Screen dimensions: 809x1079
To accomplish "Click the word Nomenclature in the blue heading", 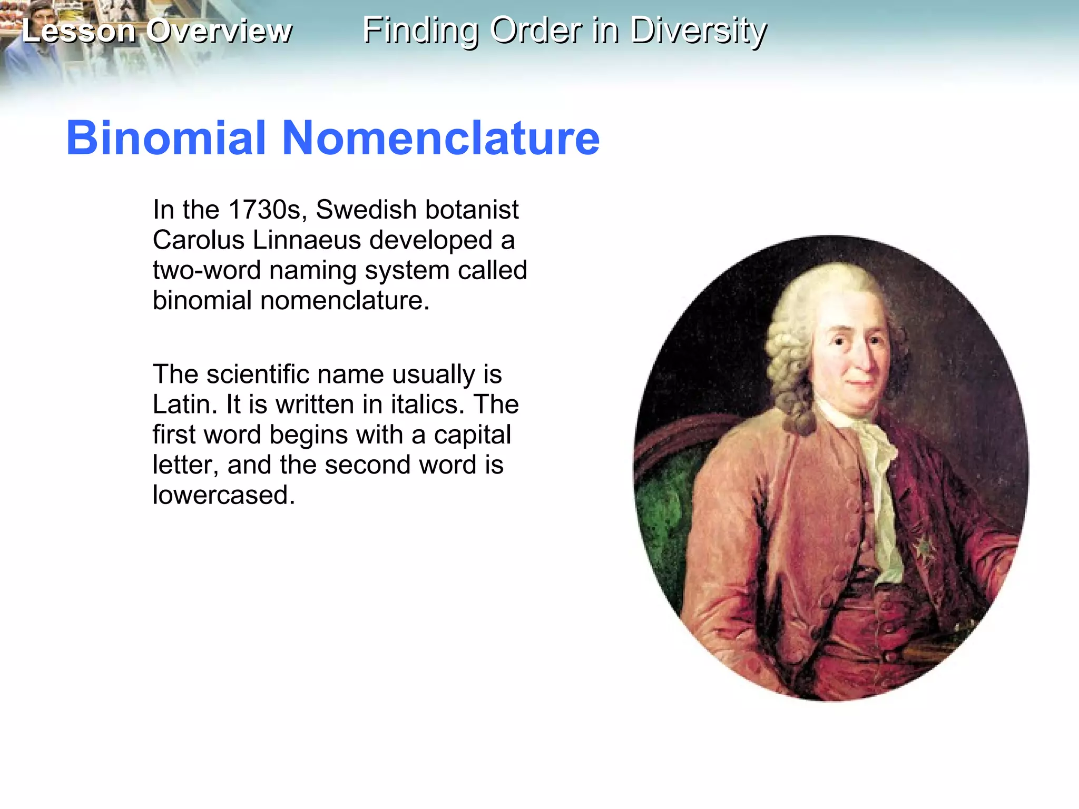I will [441, 138].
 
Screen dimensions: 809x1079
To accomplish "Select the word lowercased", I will [223, 495].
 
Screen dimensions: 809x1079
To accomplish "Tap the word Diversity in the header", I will [699, 31].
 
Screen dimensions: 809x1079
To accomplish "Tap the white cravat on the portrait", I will [880, 474].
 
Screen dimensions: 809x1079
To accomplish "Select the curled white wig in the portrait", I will [790, 337].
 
